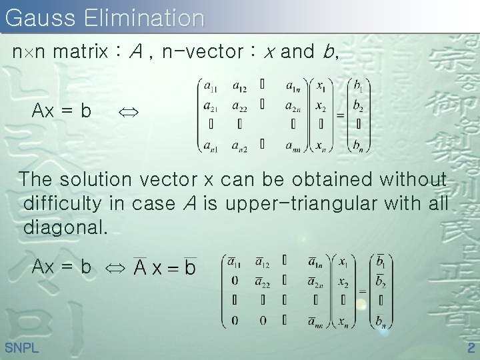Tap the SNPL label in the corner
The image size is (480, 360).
click(21, 348)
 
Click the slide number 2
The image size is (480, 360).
click(470, 348)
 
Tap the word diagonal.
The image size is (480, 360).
click(65, 227)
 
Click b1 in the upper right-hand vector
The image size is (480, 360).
click(359, 87)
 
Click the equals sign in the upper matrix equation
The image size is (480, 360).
click(340, 115)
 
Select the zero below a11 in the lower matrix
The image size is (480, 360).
click(235, 281)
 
